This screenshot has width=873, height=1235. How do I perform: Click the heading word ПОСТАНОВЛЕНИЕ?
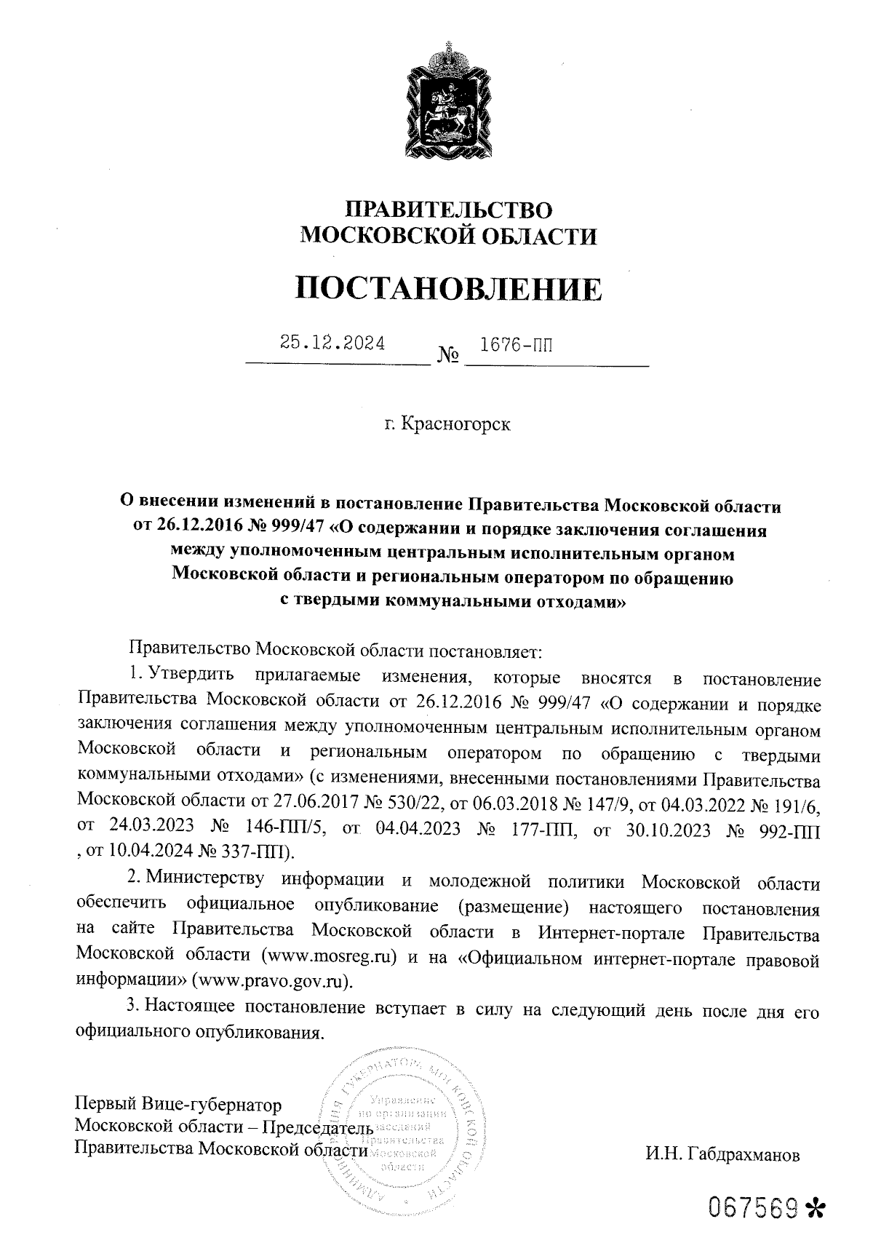click(x=449, y=289)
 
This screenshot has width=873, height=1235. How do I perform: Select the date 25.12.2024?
click(x=332, y=343)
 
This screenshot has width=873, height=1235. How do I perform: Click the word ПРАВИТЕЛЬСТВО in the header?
click(x=449, y=210)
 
